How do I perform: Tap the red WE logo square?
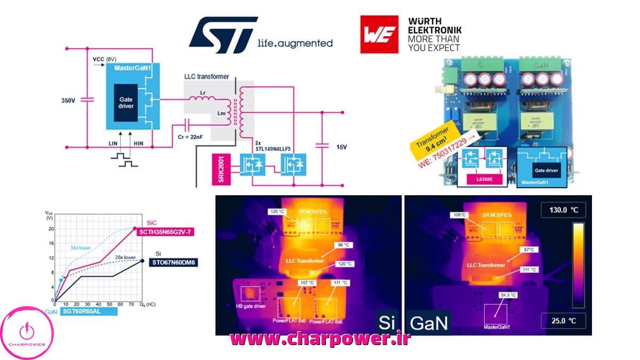[379, 34]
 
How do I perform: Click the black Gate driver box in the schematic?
[127, 102]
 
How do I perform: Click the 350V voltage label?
[70, 100]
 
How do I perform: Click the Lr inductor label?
[202, 92]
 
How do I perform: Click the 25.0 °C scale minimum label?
[563, 321]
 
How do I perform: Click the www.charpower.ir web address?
[320, 339]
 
